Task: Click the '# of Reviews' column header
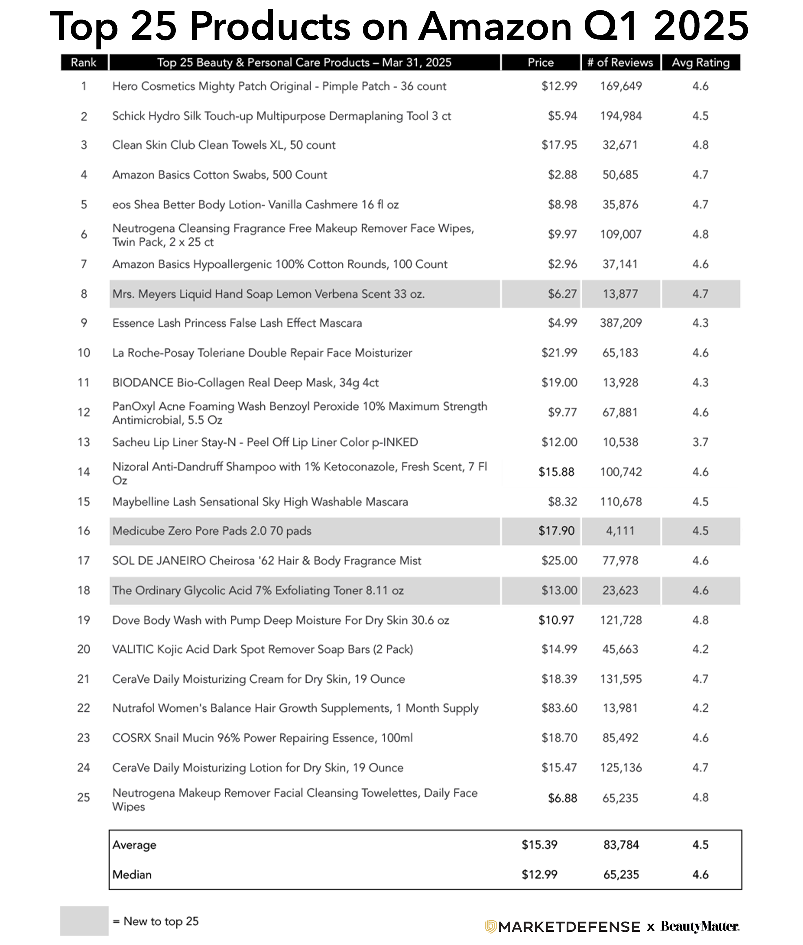[620, 62]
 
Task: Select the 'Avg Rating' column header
[700, 62]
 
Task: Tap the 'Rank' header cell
[84, 62]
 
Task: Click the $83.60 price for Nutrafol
[559, 708]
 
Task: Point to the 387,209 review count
[621, 323]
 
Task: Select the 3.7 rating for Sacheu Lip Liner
[700, 442]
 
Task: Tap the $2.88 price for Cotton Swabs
[562, 175]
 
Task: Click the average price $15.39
[539, 845]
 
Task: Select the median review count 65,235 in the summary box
[621, 874]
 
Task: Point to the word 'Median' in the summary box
[132, 874]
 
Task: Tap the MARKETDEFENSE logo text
[569, 926]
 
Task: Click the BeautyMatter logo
[699, 926]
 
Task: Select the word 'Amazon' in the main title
[495, 26]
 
